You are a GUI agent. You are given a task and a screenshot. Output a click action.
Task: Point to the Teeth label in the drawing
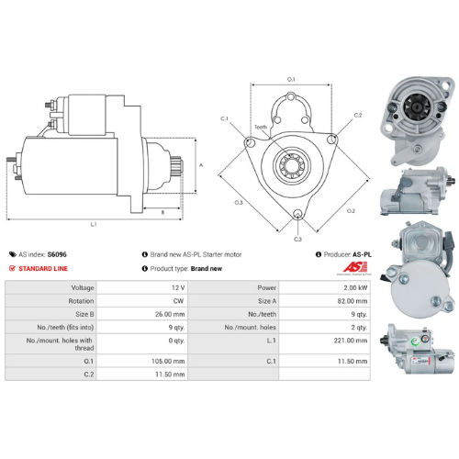(x=262, y=127)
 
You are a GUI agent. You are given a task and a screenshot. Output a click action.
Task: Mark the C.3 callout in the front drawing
(x=298, y=238)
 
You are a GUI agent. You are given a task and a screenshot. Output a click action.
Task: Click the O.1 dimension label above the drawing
(x=291, y=80)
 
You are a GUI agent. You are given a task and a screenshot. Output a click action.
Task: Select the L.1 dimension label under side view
(x=95, y=223)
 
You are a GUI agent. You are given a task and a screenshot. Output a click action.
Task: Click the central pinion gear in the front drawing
(x=293, y=166)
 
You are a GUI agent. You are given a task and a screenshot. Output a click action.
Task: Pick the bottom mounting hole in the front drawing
(x=298, y=216)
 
